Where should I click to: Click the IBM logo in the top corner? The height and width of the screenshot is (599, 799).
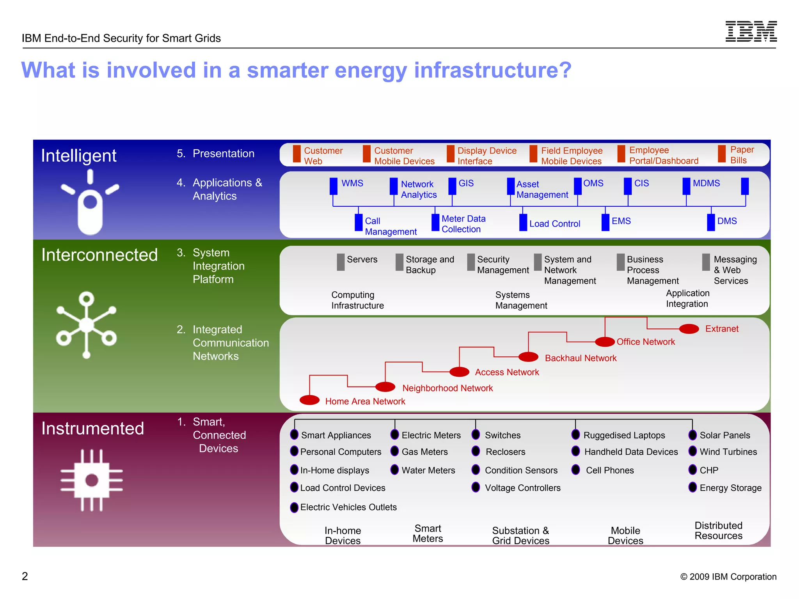tap(751, 31)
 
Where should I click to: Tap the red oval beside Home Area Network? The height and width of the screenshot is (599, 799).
tap(309, 400)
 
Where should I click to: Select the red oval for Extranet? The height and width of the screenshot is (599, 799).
tap(689, 329)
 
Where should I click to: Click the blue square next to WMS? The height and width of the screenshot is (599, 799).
tap(333, 186)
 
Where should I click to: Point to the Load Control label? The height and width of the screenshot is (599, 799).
tap(554, 224)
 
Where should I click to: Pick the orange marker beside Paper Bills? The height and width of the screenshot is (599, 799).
tap(722, 154)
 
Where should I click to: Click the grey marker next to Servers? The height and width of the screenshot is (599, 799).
tap(341, 262)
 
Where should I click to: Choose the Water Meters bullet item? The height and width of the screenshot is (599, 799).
tap(428, 470)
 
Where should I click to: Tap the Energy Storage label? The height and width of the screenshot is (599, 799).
tap(730, 488)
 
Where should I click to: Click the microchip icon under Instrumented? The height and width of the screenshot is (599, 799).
tap(92, 480)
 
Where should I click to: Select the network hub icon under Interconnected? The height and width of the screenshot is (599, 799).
tap(87, 325)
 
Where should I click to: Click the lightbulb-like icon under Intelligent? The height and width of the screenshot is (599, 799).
tap(90, 203)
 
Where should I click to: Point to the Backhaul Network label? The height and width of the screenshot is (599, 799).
tap(580, 358)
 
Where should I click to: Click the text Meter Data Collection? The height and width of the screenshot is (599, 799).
tap(463, 224)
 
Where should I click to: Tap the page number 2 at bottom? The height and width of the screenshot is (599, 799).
tap(25, 576)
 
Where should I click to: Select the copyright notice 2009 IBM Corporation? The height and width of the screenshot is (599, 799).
tap(728, 576)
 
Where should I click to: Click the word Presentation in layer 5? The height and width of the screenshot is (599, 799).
tap(223, 154)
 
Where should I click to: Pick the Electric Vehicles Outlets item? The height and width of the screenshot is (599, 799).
tap(348, 507)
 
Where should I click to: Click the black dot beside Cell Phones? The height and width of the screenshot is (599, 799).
tap(575, 470)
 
